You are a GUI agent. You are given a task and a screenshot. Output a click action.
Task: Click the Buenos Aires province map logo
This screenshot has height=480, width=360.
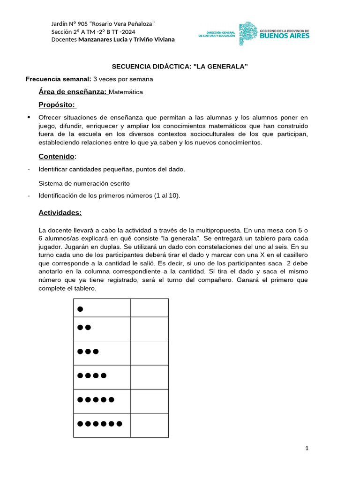[247, 34]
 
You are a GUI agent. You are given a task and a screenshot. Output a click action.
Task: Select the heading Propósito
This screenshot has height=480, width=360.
[57, 104]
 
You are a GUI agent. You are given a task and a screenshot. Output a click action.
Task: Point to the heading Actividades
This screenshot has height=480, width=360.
[60, 213]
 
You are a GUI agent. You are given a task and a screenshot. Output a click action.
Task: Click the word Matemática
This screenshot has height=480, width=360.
[126, 92]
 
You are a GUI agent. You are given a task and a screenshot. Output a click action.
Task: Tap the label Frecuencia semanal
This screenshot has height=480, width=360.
[58, 79]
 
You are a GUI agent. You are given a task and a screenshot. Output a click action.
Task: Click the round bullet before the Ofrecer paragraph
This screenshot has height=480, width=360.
[29, 117]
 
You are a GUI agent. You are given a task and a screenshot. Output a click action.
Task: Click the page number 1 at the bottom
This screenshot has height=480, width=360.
[307, 449]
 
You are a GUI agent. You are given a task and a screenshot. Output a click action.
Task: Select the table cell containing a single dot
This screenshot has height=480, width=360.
[102, 308]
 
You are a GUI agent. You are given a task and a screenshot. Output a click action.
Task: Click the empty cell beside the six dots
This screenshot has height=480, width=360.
[149, 425]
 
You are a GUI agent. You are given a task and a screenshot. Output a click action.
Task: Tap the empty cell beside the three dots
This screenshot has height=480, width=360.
[149, 352]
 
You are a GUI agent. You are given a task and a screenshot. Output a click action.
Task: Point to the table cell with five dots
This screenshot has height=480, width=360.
[102, 401]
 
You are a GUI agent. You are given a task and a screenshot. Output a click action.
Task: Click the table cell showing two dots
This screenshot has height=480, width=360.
[102, 329]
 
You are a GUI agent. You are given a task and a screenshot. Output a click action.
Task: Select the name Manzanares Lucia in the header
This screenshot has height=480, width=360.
[103, 39]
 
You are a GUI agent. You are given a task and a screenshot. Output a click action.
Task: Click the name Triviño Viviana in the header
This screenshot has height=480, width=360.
[154, 39]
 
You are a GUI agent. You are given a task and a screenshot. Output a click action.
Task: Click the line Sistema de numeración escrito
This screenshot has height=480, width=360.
[84, 183]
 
